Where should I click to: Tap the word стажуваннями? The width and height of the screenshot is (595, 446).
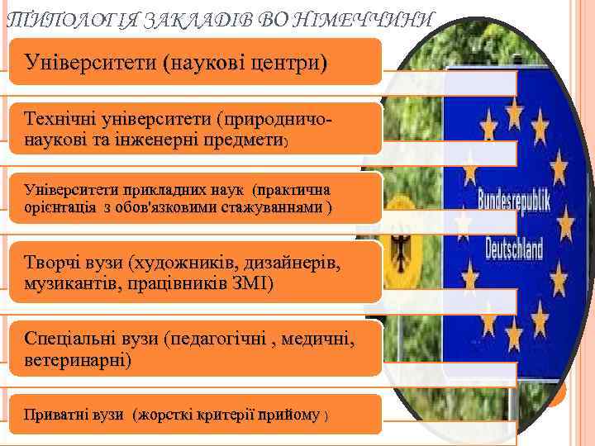(x=273, y=206)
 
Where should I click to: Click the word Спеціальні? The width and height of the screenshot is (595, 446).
(x=71, y=339)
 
